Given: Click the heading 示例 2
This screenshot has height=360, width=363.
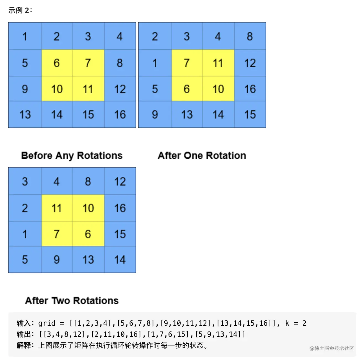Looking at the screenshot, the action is tap(20, 10).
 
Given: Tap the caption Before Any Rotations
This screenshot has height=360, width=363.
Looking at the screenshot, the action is tap(72, 156).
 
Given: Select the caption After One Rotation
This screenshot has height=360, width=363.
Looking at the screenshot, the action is tap(202, 156).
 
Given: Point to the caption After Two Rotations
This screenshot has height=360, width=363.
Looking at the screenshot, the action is tap(72, 300).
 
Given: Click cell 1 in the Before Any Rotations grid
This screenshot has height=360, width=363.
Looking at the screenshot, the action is tap(25, 36).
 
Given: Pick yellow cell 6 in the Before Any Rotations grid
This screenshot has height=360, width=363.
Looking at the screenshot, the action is tap(57, 63).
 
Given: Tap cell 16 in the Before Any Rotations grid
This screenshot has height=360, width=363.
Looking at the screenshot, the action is tap(120, 114).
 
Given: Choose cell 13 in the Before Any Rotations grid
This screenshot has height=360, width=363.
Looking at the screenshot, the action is tap(25, 114).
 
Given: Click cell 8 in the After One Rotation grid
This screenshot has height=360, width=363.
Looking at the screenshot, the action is tap(250, 36).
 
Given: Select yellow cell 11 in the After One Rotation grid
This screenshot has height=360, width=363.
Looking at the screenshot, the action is tap(218, 63).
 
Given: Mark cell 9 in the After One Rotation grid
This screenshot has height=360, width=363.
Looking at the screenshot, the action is tap(155, 114).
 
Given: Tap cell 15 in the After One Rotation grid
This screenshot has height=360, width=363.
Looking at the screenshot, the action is tap(250, 114).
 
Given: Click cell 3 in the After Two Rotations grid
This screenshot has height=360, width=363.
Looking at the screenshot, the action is tap(25, 181).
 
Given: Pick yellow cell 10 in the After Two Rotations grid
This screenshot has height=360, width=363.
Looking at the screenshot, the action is tap(88, 208).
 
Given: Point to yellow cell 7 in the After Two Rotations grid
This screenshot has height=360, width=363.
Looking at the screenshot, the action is tap(57, 234).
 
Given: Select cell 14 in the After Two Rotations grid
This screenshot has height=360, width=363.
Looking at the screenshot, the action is tap(120, 259).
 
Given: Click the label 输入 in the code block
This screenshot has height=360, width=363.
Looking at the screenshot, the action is tap(24, 323).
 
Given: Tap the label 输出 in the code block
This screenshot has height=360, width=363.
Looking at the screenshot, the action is tap(24, 334).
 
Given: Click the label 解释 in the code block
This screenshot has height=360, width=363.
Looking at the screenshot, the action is tap(24, 345).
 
